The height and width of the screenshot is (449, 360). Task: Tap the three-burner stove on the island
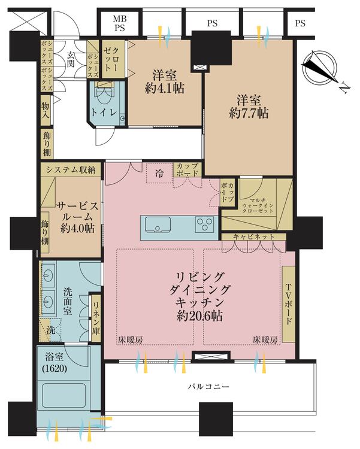click(x=204, y=226)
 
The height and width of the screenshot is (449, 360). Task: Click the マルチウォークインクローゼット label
click(x=260, y=207)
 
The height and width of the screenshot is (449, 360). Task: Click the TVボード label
click(x=289, y=304)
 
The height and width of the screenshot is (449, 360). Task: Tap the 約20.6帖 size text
click(x=198, y=315)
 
